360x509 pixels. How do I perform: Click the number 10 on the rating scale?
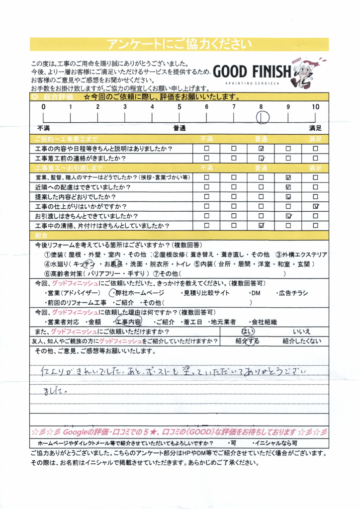click(315, 107)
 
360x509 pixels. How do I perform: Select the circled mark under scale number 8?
click(262, 117)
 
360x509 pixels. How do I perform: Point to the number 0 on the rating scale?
click(43, 107)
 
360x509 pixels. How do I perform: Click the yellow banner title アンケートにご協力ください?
click(180, 44)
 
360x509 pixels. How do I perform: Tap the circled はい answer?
click(248, 332)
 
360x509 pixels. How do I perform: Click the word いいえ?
click(302, 332)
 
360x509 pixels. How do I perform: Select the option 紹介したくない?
click(301, 341)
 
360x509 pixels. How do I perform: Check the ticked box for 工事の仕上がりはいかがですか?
click(315, 206)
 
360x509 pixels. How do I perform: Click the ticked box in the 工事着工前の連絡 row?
click(261, 159)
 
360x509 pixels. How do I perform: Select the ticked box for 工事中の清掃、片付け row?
click(261, 225)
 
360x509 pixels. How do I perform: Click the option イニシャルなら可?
click(275, 442)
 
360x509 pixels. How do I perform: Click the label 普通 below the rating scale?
click(180, 128)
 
